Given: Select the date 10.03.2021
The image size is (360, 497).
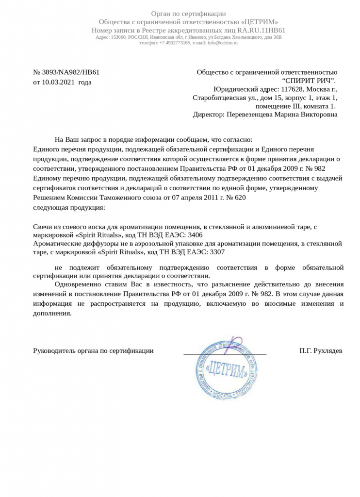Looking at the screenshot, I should pos(59,82).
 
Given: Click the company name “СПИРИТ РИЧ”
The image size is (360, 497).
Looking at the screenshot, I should pos(309,81).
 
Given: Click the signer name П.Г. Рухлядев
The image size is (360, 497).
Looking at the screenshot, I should pos(321,350).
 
